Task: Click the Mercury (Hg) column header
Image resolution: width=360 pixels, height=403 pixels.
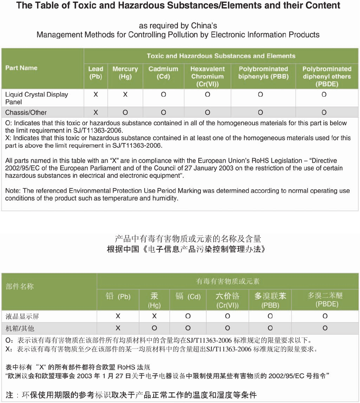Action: tap(125, 73)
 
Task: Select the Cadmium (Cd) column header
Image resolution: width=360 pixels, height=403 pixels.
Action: tap(163, 73)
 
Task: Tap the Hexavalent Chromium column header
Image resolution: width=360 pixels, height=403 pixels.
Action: tap(207, 76)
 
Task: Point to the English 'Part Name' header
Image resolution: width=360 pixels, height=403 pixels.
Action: tap(21, 68)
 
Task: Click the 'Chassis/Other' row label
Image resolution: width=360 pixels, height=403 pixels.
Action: tap(26, 112)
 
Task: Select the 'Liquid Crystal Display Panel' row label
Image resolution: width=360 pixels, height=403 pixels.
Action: tap(37, 98)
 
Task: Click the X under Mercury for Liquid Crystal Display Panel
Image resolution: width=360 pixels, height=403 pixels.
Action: tap(125, 95)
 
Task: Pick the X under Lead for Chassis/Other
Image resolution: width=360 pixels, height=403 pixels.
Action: tap(96, 112)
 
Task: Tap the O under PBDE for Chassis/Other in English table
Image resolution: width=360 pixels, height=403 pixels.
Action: tap(324, 112)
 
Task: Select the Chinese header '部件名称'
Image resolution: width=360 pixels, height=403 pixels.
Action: tap(20, 286)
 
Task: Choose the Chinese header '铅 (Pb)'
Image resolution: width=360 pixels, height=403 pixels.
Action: tap(118, 296)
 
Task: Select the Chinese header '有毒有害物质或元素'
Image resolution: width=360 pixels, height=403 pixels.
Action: tap(228, 281)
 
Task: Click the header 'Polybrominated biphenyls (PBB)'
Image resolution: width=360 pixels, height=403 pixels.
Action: tap(263, 73)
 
